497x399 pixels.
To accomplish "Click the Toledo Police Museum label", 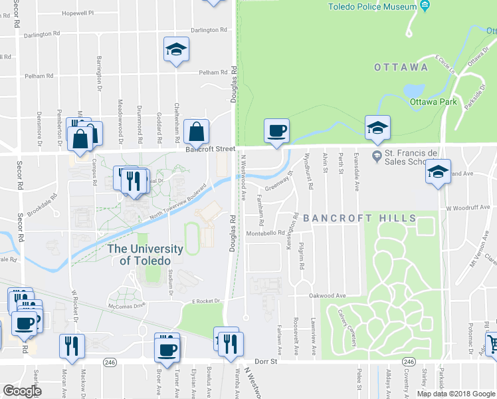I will pos(372,7).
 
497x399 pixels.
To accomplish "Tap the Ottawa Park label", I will pos(433,102).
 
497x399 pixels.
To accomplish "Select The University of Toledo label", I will pos(145,255).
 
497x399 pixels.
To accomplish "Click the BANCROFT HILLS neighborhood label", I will pos(359,218).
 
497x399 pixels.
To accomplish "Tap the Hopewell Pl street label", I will pos(78,13).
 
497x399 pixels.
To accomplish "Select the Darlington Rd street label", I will pos(209,31).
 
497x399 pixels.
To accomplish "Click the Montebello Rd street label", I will pos(265,233).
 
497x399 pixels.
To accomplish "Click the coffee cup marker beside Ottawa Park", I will pos(276,130).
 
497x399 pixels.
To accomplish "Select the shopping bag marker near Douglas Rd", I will pos(197,132).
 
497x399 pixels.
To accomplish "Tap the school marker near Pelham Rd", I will pos(176,50).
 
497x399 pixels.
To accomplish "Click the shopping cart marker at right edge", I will pos(492,344).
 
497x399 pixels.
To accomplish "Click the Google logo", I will pos(23,391).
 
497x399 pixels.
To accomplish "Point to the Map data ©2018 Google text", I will pos(456,394).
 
